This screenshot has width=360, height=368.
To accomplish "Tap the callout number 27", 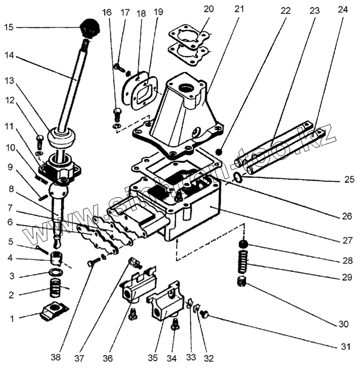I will tap(346, 237).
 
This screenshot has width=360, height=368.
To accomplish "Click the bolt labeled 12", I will tap(40, 138).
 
